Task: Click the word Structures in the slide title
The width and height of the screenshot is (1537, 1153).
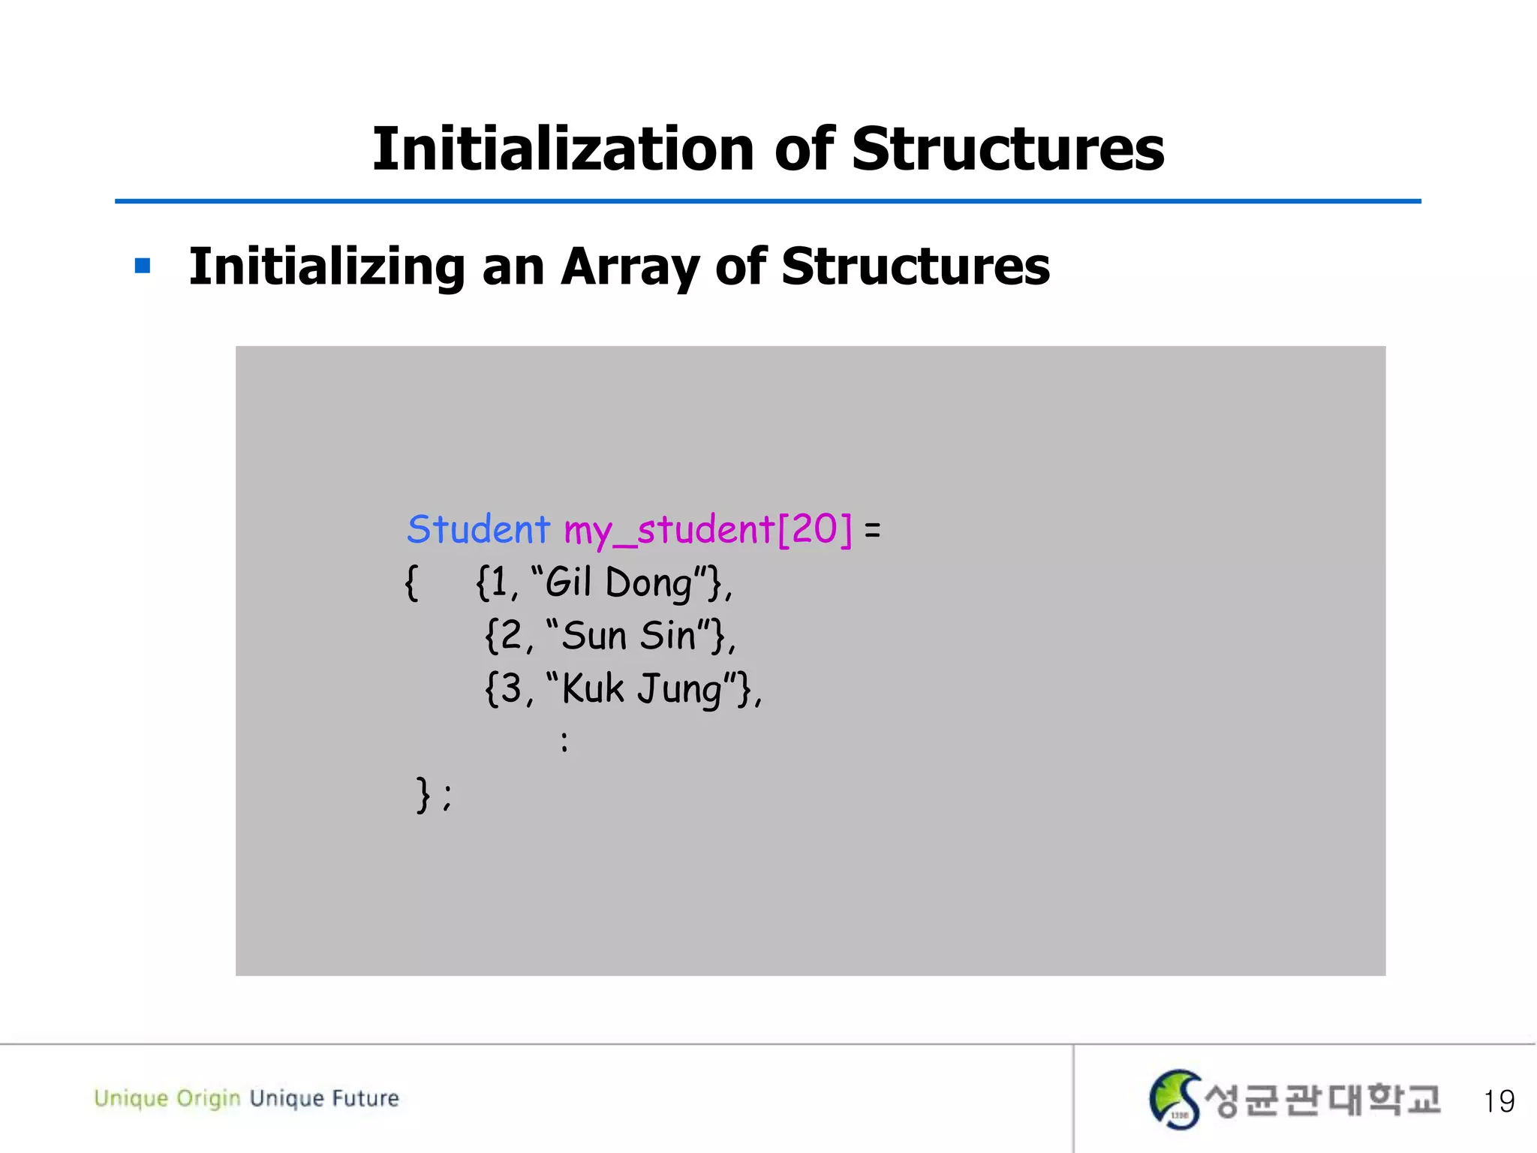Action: (1007, 149)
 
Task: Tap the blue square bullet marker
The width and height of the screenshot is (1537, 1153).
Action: (143, 266)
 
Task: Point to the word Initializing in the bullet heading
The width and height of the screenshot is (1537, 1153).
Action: (326, 267)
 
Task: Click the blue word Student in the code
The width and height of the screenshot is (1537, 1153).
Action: (478, 530)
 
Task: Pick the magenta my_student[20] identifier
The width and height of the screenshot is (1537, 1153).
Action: (708, 530)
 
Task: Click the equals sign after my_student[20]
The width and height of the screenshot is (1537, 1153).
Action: (872, 531)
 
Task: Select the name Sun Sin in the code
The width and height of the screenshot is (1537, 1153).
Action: (629, 635)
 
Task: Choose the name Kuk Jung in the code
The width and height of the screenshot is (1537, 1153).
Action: (642, 688)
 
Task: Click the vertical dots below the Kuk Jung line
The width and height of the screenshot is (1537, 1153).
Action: (564, 742)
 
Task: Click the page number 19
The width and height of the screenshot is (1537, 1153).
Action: (1498, 1101)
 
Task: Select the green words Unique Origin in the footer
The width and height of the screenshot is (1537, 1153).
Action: (167, 1098)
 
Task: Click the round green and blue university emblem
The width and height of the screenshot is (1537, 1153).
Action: (1175, 1100)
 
